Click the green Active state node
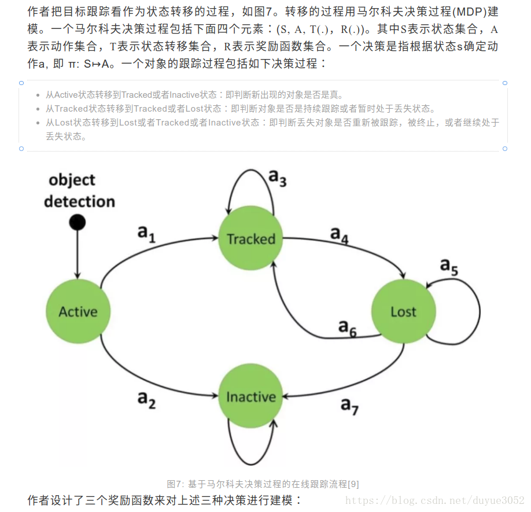tap(78, 312)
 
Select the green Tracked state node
tap(251, 238)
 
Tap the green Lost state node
tap(403, 312)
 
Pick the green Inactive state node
tap(251, 397)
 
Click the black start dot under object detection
tap(77, 222)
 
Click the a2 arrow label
tap(146, 399)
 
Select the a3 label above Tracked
tap(277, 178)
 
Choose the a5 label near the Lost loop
tap(449, 266)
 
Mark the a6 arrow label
tap(347, 327)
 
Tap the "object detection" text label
tap(79, 190)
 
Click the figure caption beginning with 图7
tap(263, 484)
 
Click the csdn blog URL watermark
tap(434, 499)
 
